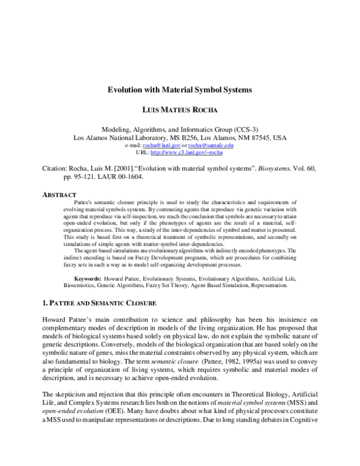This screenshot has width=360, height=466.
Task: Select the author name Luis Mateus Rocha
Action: (x=179, y=111)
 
